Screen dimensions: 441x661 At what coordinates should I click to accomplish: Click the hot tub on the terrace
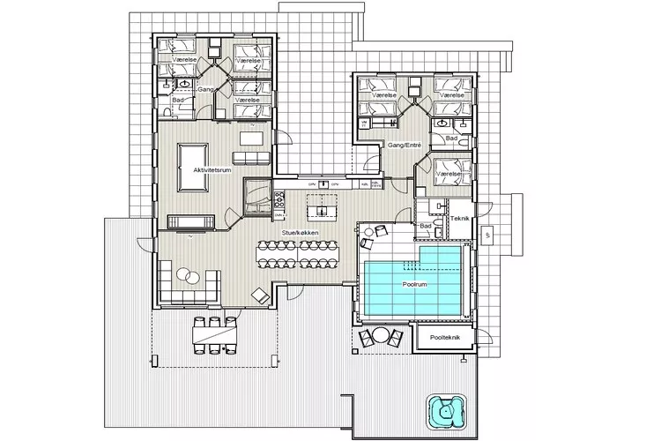point(446,411)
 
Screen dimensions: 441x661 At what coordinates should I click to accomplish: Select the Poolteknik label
point(442,338)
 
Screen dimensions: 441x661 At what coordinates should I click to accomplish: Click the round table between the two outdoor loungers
point(381,335)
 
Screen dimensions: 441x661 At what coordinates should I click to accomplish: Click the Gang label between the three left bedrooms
point(205,90)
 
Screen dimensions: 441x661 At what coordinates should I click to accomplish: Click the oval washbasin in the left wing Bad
point(182,84)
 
